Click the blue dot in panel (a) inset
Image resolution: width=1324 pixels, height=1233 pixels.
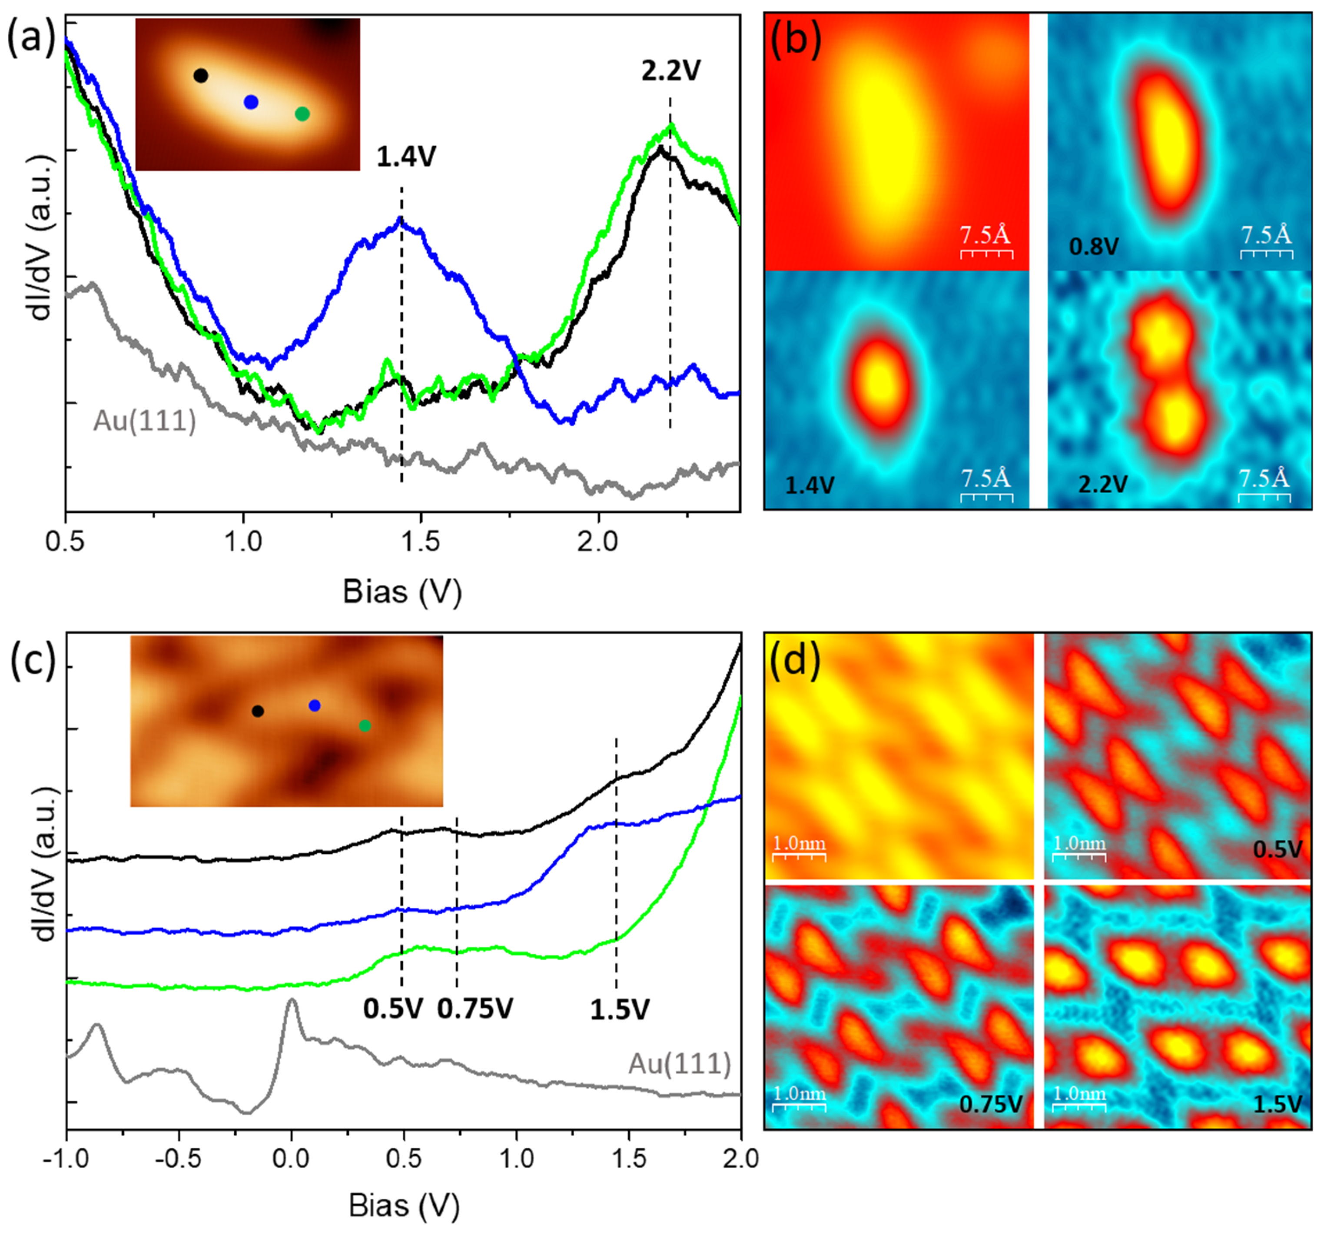coord(250,102)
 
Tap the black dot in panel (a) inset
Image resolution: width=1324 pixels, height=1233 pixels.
coord(200,75)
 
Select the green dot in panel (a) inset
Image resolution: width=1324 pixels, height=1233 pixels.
coord(302,114)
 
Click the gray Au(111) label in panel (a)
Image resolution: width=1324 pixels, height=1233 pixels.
coord(145,421)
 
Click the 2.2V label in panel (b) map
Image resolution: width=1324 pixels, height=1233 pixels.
coord(1102,485)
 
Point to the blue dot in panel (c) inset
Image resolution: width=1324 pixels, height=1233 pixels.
coord(314,705)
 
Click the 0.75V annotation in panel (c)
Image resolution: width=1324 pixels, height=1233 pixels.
coord(475,1009)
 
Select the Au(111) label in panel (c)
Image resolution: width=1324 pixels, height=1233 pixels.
coord(679,1064)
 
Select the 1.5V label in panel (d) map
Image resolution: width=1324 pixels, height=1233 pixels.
coord(1277,1104)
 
